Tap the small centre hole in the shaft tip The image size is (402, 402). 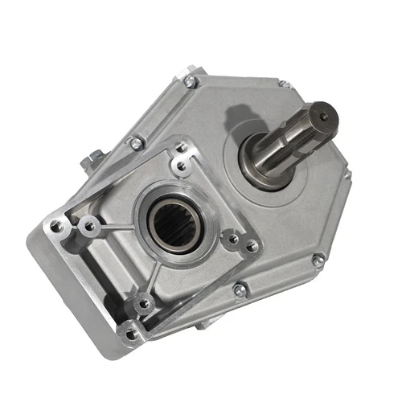pos(324,118)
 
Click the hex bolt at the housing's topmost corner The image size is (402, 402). pos(191,81)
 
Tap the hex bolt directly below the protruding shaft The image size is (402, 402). pos(318,260)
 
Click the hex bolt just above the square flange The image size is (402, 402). pos(137,143)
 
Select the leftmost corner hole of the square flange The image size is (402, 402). pos(55,227)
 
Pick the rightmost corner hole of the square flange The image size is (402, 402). pos(252,247)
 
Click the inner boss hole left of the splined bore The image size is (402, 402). pos(90,227)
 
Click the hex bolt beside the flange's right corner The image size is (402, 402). pos(240,289)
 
